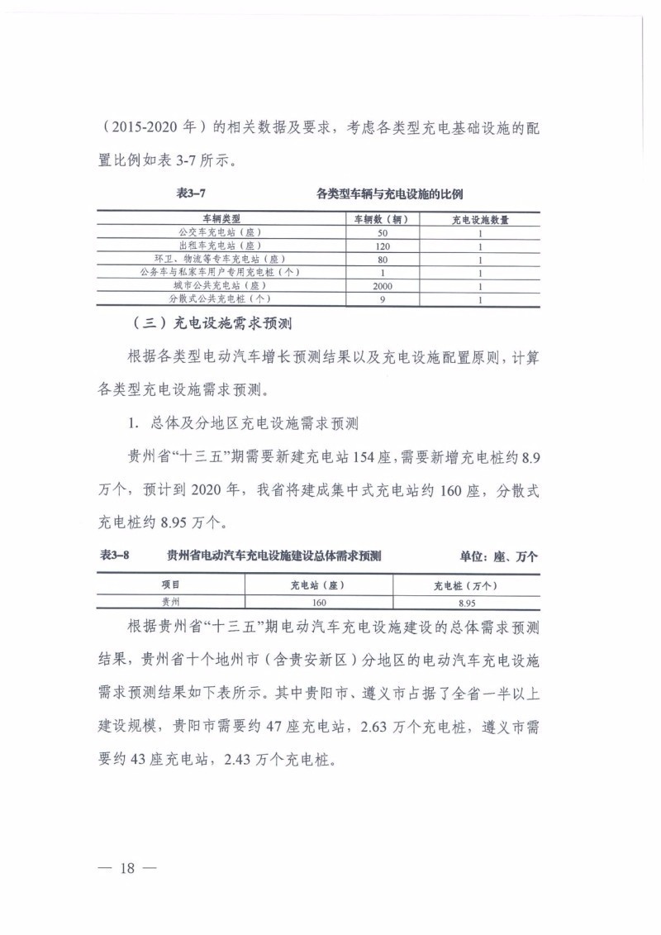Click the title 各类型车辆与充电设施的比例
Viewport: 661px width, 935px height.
click(390, 194)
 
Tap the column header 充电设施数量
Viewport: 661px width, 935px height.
click(479, 219)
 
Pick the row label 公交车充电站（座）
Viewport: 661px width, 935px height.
click(221, 233)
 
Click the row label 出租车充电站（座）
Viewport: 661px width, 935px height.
click(221, 246)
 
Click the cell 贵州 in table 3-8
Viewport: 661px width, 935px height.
click(170, 603)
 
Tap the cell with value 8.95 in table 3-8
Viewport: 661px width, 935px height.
click(466, 603)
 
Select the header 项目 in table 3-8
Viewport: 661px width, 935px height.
click(170, 585)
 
